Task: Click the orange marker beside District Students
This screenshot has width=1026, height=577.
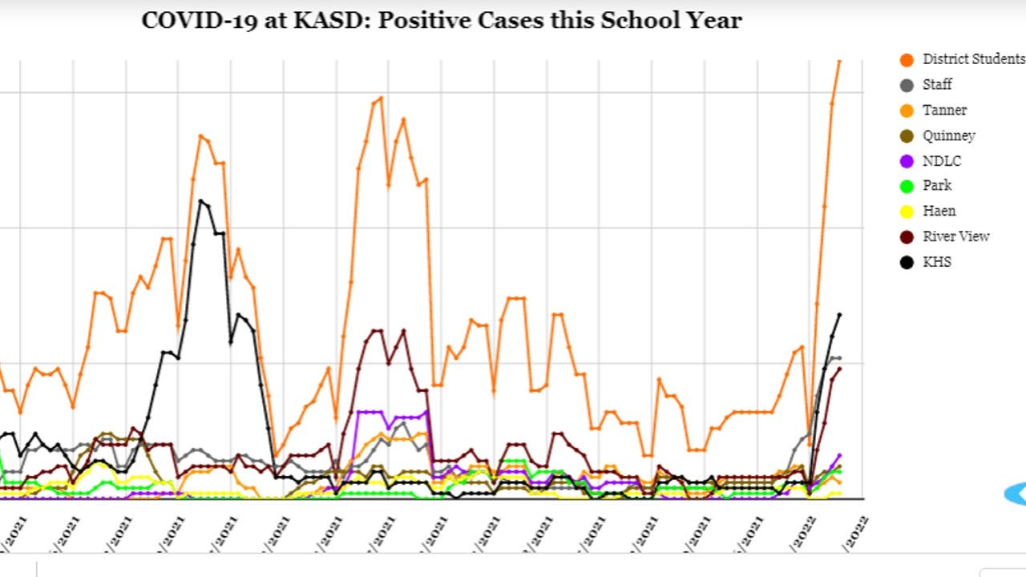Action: pos(907,60)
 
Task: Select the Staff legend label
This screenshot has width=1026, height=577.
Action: pos(937,84)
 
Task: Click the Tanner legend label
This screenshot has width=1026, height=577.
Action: pos(944,110)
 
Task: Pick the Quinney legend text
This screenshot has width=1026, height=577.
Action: pos(948,135)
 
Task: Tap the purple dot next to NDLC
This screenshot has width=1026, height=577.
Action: pos(907,161)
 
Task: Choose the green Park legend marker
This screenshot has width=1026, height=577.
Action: pos(907,186)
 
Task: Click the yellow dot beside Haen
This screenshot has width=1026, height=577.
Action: pos(907,212)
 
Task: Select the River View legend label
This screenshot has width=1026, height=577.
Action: pos(955,236)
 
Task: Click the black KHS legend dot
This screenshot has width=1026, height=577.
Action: pos(907,262)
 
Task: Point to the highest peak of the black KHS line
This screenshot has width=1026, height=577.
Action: pos(200,200)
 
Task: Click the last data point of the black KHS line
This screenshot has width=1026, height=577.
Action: pos(839,314)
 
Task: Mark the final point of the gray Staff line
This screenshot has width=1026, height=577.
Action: pos(838,357)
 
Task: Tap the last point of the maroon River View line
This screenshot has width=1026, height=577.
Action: pos(839,369)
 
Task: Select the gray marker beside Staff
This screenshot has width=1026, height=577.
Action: pos(907,85)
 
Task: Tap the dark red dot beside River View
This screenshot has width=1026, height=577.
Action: pos(907,237)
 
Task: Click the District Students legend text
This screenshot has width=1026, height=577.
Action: pos(973,59)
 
